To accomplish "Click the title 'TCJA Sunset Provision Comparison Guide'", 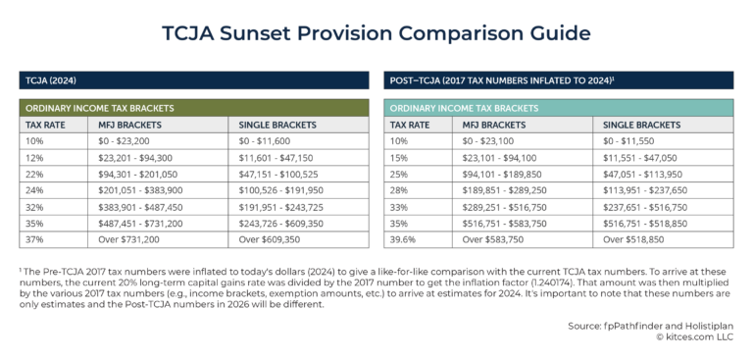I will point(376,33).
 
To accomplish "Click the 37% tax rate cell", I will point(36,237).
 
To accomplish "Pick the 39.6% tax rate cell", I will point(405,237).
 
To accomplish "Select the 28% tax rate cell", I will point(401,189).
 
